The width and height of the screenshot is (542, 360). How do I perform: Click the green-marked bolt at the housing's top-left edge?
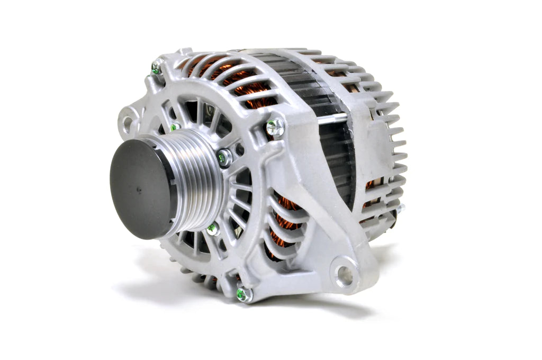point(156,68)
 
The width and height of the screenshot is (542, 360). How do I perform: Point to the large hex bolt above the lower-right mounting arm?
point(275,127)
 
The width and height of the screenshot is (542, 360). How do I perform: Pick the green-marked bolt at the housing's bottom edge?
point(243,294)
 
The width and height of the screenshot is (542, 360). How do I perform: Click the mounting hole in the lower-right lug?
point(344,274)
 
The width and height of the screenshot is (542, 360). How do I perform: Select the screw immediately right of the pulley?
point(224,157)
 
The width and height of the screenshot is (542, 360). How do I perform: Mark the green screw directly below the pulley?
point(213,229)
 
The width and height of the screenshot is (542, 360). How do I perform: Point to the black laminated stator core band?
point(307,85)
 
